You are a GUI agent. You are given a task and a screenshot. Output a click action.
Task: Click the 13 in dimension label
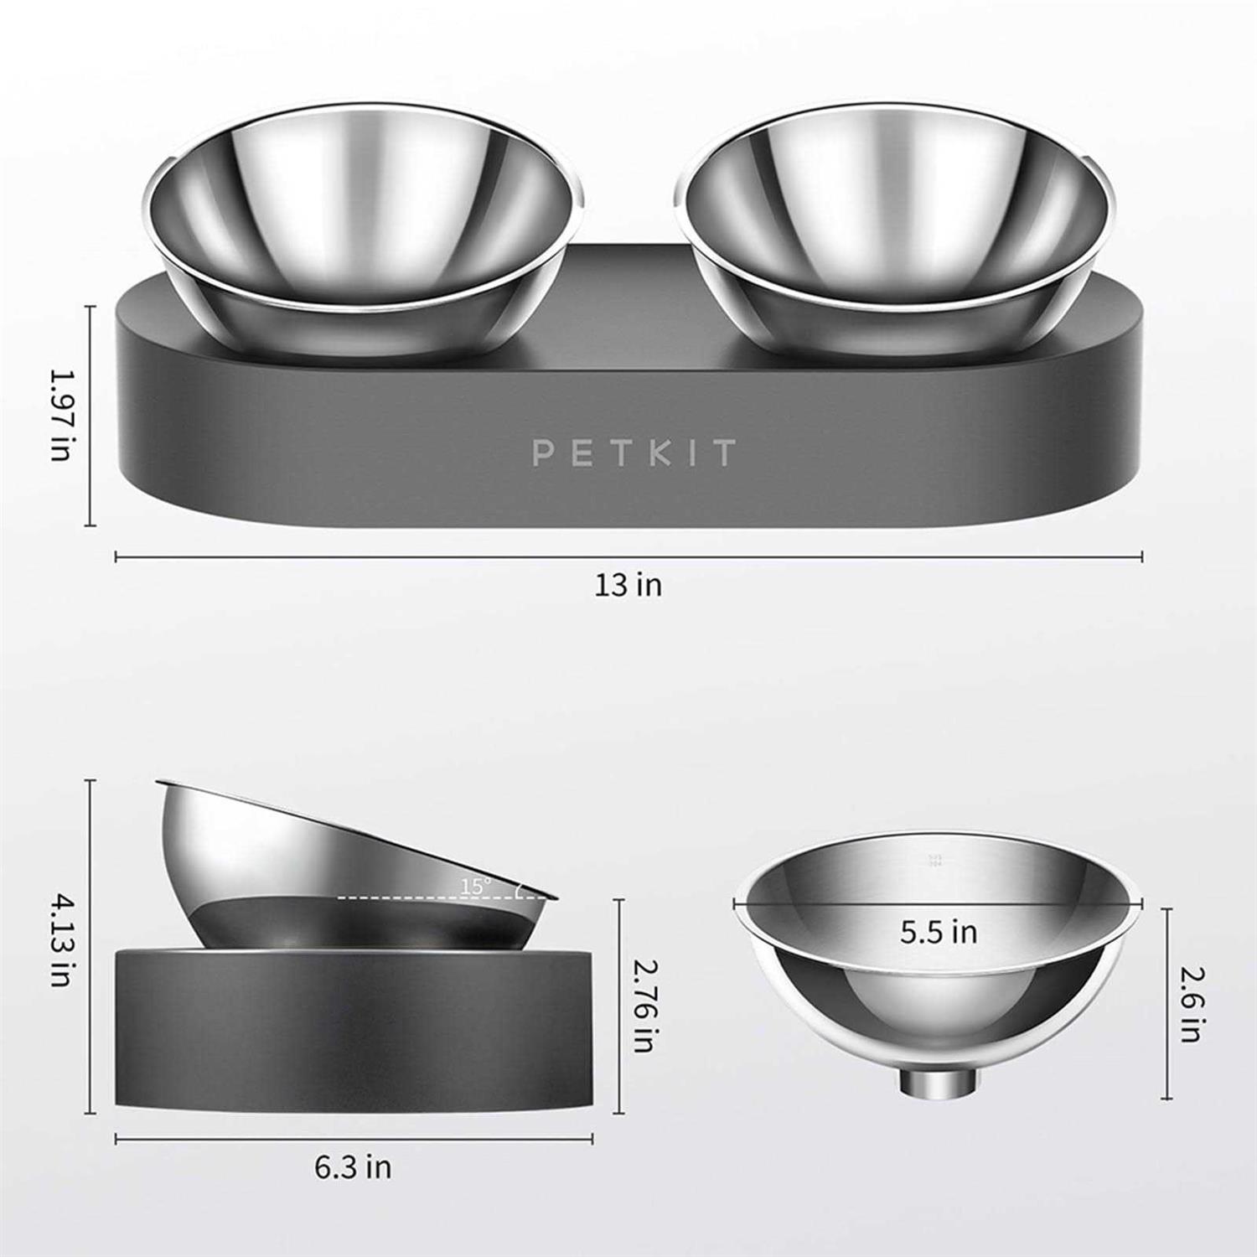(x=628, y=585)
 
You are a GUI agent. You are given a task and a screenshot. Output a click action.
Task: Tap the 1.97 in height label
(x=60, y=415)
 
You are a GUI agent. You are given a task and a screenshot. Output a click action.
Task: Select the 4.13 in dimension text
(x=60, y=939)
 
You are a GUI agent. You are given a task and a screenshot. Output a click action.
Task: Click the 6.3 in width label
(x=353, y=1167)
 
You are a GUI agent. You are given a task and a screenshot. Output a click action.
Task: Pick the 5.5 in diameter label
(x=939, y=932)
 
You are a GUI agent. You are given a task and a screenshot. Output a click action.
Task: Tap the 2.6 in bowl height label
(x=1190, y=1004)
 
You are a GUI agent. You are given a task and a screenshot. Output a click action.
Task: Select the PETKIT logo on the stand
(x=634, y=453)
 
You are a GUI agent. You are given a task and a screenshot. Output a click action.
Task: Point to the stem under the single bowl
(x=939, y=1082)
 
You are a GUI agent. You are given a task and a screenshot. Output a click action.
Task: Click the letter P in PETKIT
(x=543, y=453)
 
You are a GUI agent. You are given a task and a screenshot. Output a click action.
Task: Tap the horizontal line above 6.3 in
(x=251, y=1139)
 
